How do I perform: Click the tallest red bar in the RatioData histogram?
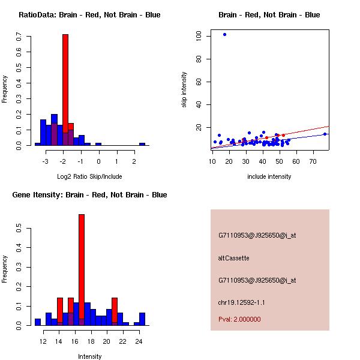65,90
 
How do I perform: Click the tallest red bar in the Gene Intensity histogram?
82,270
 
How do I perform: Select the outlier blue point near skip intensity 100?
224,34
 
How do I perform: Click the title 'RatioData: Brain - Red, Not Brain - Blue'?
89,15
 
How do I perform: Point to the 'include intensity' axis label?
269,176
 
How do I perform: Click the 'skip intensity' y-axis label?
184,90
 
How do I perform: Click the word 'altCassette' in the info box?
233,258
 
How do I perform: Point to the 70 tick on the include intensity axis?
313,161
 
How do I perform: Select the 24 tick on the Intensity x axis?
139,341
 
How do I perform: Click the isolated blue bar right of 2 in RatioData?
142,144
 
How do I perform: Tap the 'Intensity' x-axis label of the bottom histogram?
89,356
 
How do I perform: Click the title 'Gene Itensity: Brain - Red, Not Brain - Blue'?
89,195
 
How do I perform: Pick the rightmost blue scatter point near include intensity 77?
325,134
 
